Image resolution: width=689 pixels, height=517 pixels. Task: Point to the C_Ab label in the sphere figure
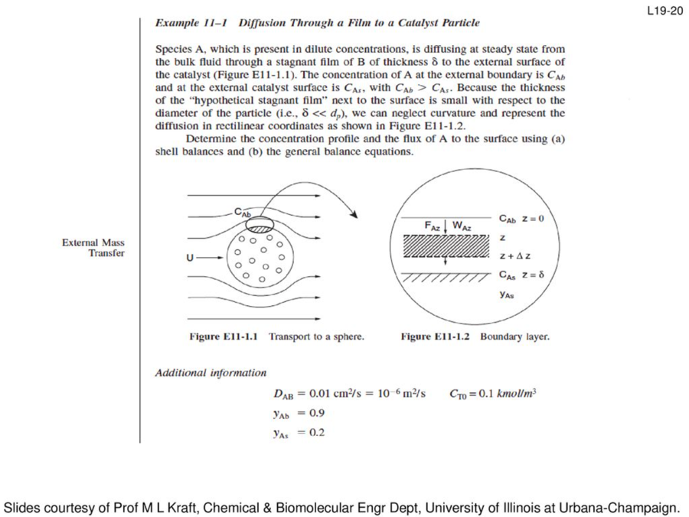tap(243, 213)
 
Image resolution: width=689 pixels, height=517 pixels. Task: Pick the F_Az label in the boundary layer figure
tap(433, 226)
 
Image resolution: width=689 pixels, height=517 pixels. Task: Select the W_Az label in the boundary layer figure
tap(461, 226)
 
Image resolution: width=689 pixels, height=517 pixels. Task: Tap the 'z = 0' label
tap(532, 219)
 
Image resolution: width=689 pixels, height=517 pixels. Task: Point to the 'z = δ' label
tap(532, 275)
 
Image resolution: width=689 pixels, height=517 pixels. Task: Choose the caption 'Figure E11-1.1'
tap(225, 336)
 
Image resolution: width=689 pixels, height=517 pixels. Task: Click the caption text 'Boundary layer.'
tap(514, 336)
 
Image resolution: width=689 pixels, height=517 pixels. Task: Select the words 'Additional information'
tap(211, 373)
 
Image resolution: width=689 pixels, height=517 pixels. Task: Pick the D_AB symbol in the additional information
tap(282, 395)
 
